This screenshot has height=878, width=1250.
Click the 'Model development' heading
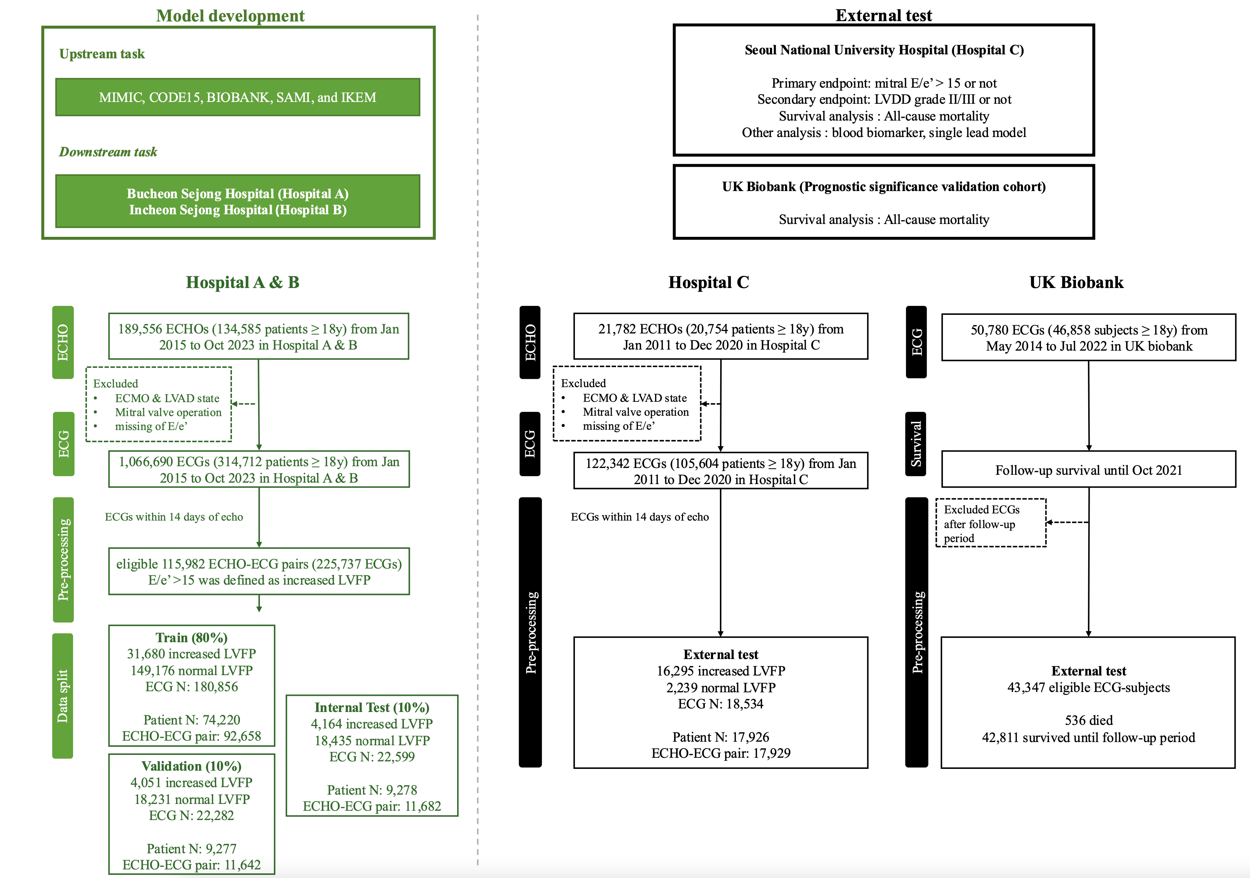pyautogui.click(x=230, y=16)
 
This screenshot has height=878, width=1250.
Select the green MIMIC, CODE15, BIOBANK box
pyautogui.click(x=237, y=97)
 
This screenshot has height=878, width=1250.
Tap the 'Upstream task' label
pyautogui.click(x=102, y=54)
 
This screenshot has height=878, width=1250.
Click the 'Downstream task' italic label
pyautogui.click(x=108, y=152)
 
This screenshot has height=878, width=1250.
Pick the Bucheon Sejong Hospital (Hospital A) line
pyautogui.click(x=237, y=194)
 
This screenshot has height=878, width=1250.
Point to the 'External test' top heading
pyautogui.click(x=883, y=15)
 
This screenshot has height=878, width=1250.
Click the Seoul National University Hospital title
pyautogui.click(x=883, y=50)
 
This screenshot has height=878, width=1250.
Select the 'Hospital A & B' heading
pyautogui.click(x=242, y=282)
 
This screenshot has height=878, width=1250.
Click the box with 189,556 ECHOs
pyautogui.click(x=258, y=336)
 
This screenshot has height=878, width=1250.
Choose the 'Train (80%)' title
pyautogui.click(x=192, y=638)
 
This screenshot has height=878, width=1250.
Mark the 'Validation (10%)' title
pyautogui.click(x=192, y=766)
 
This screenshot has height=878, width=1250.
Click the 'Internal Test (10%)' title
pyautogui.click(x=372, y=707)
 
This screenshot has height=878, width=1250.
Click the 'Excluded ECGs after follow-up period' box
pyautogui.click(x=991, y=523)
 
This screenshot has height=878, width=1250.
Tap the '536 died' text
pyautogui.click(x=1088, y=720)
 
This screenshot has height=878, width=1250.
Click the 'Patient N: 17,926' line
pyautogui.click(x=720, y=737)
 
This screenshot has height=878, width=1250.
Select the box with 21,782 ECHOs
pyautogui.click(x=720, y=336)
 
